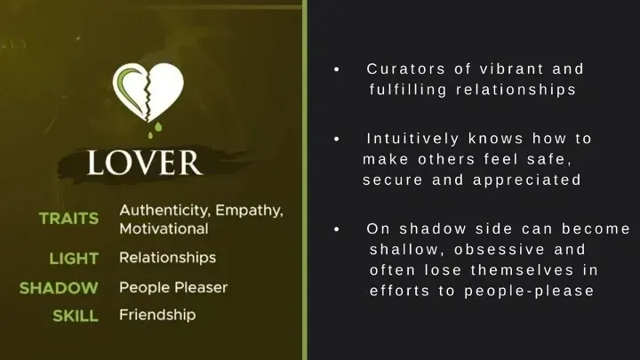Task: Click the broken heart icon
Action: (x=148, y=92)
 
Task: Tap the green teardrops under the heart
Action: (x=156, y=131)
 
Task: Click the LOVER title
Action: (x=145, y=163)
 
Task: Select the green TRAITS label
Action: (x=69, y=219)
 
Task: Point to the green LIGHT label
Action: (x=74, y=259)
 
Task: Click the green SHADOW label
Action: (x=59, y=288)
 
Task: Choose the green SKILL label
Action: (x=76, y=316)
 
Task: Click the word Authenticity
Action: (x=165, y=211)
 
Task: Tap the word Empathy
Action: (x=249, y=211)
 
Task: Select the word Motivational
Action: (x=164, y=228)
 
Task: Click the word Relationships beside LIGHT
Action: (x=167, y=258)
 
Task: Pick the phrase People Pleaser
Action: (x=173, y=287)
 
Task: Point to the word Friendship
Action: (x=157, y=315)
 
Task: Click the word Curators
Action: (x=405, y=69)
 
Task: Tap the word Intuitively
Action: (x=412, y=139)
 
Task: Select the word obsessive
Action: (x=500, y=250)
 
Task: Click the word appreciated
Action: (x=527, y=180)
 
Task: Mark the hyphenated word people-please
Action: (x=529, y=291)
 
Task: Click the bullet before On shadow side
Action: (x=337, y=229)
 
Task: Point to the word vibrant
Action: (x=511, y=69)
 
